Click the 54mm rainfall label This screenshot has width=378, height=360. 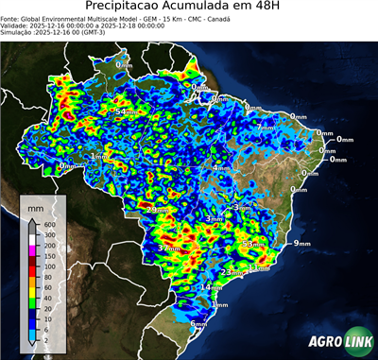[x=125, y=112]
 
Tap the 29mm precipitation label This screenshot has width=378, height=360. [x=157, y=209]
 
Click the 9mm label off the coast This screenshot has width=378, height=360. [x=302, y=244]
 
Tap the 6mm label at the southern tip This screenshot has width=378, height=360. [x=198, y=324]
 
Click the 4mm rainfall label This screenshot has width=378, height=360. [x=221, y=167]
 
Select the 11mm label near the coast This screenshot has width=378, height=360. [x=258, y=267]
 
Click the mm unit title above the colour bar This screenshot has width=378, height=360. [x=35, y=205]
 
